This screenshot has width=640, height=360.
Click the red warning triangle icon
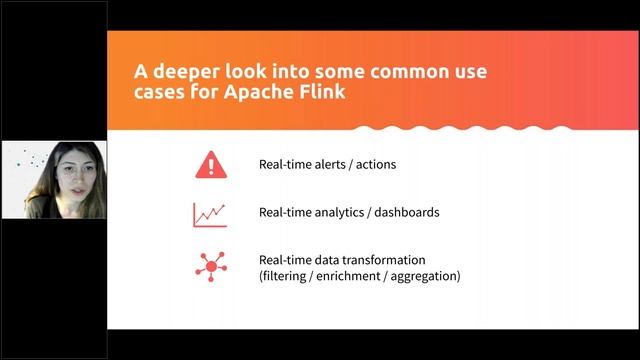(x=210, y=164)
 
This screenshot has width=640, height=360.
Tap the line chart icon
(x=210, y=213)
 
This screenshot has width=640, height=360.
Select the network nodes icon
(x=210, y=267)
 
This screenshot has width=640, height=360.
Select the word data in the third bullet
(x=326, y=260)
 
